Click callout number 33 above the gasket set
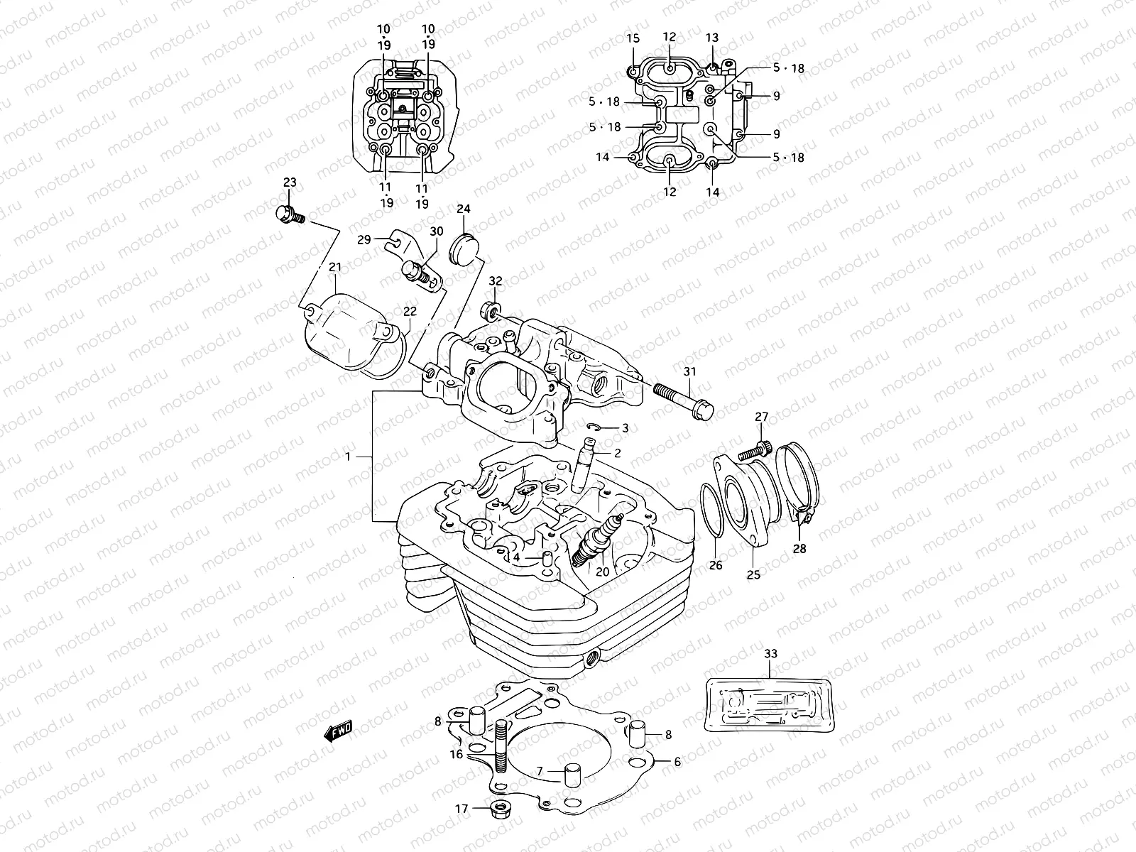click(x=771, y=653)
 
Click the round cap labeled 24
click(x=465, y=248)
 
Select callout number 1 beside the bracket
click(x=348, y=457)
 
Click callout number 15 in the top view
click(x=633, y=38)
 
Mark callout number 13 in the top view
click(x=712, y=38)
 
